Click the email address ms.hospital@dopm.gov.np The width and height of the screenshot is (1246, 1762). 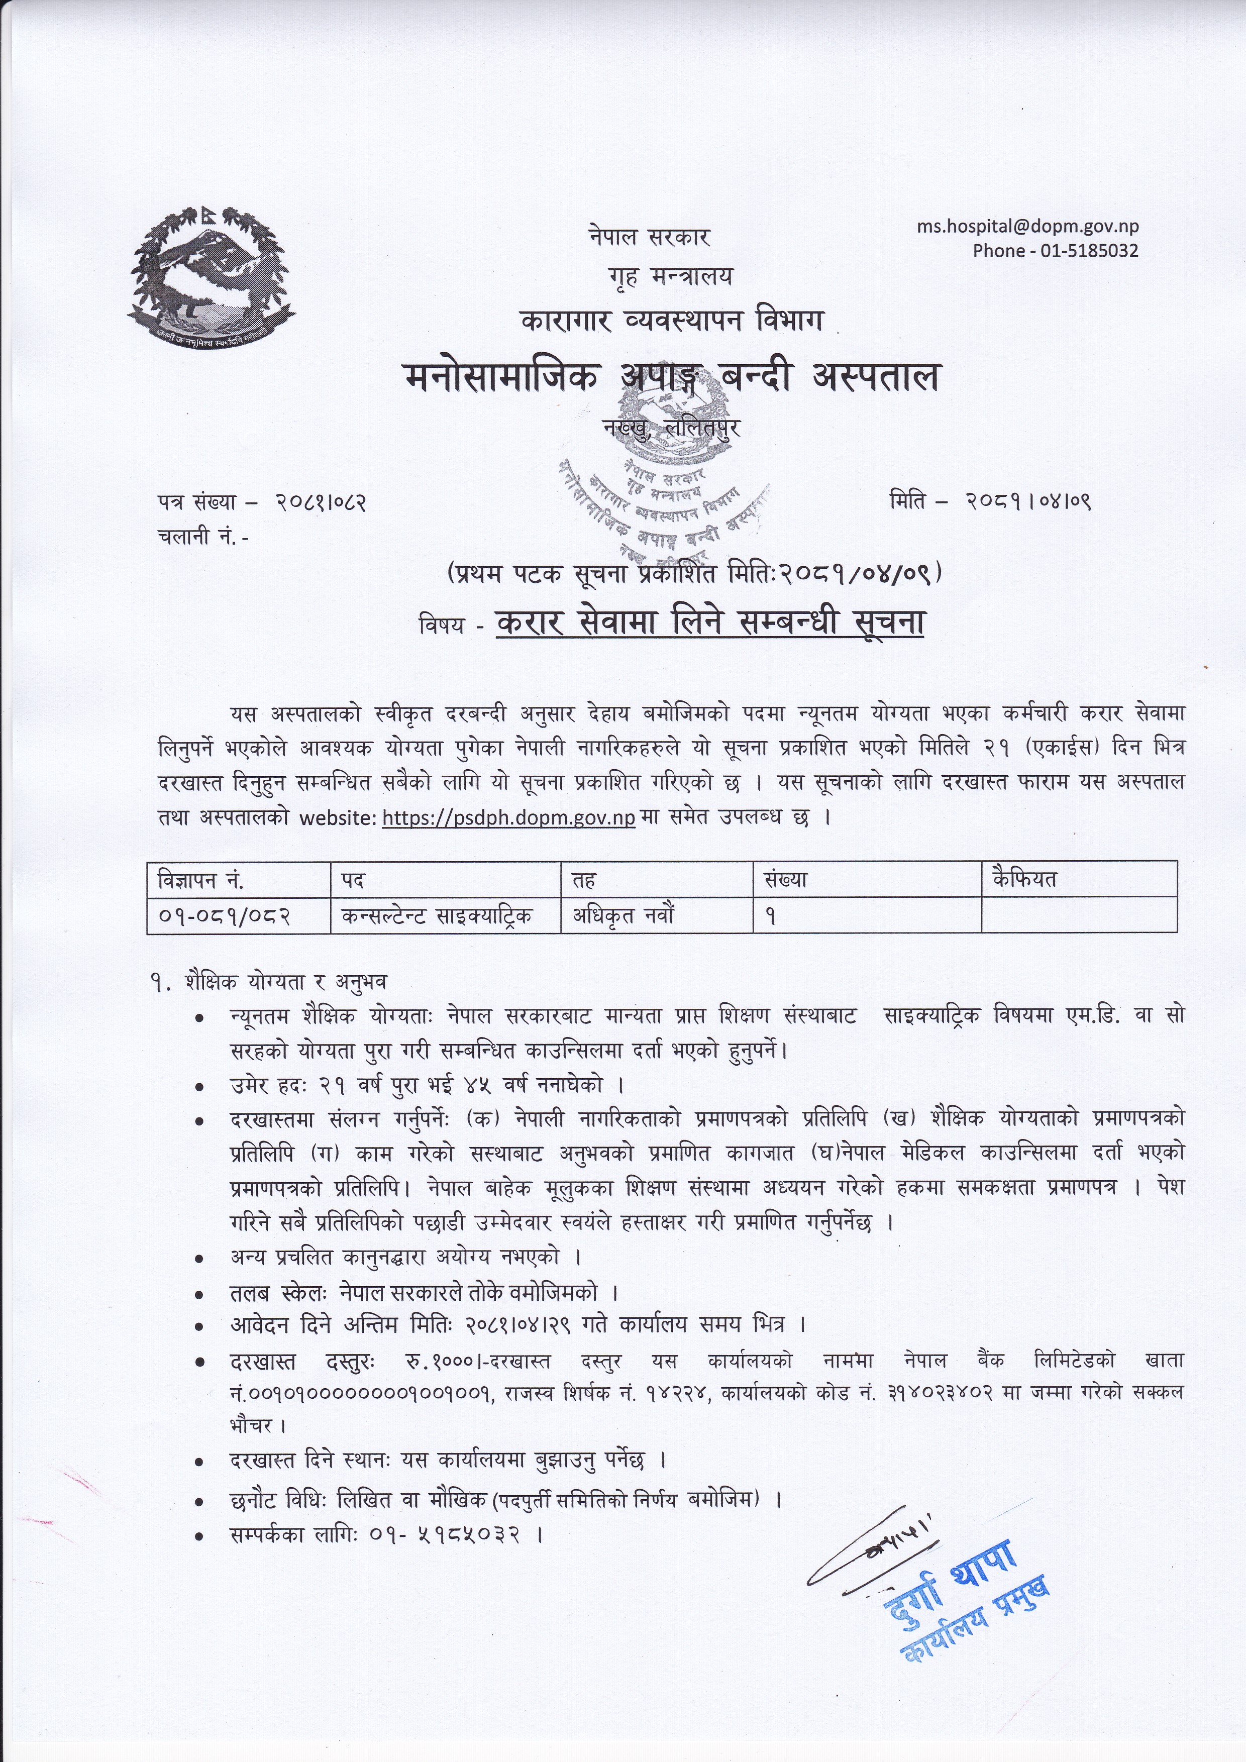1027,227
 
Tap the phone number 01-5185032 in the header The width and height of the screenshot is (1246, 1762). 1089,250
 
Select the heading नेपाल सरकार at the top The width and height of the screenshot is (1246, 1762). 649,237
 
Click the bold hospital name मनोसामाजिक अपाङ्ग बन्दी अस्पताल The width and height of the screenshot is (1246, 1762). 671,378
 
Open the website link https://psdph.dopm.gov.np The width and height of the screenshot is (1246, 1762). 508,818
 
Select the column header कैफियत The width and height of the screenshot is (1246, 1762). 1024,879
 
